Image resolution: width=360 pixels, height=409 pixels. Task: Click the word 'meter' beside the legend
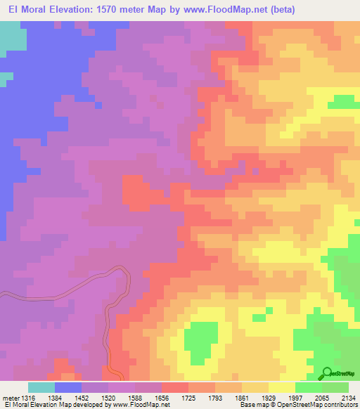[x=8, y=397]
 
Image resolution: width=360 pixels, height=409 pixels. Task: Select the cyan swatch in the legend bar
[x=41, y=387]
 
